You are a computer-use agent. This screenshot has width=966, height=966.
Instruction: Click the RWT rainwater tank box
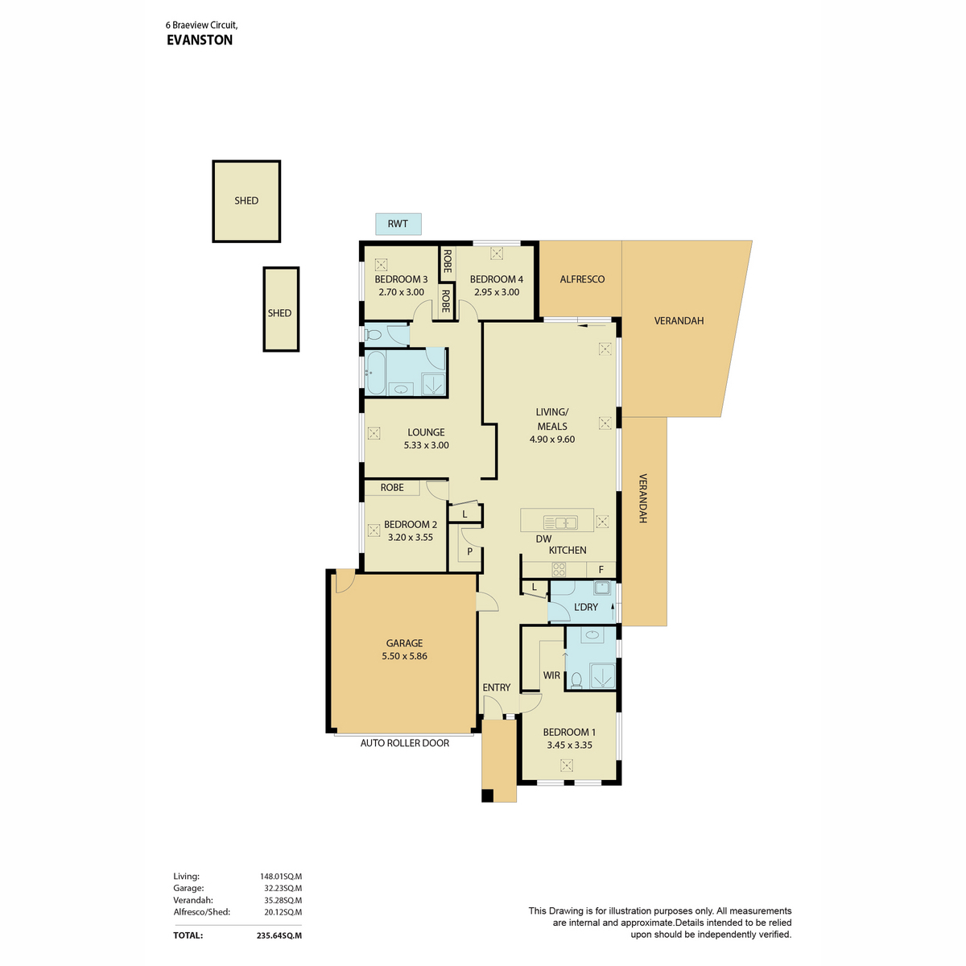(398, 224)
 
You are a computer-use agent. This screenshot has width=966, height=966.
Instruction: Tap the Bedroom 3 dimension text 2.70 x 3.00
(401, 291)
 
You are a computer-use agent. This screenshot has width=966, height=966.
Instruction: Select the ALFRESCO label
(582, 279)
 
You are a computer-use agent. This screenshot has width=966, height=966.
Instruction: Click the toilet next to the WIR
(576, 679)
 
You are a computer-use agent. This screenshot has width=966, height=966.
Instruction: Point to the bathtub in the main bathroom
(374, 373)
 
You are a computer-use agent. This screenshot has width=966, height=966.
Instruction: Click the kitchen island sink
(560, 523)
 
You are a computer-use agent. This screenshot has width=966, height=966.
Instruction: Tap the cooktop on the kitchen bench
(559, 569)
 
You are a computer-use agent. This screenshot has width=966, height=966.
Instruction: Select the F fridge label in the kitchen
(601, 569)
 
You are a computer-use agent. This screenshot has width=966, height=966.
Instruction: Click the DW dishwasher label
(543, 539)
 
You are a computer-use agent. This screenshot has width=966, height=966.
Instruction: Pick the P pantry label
(469, 551)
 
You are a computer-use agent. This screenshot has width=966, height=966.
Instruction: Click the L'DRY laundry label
(585, 607)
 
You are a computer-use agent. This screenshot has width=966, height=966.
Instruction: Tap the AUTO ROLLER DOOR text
(405, 742)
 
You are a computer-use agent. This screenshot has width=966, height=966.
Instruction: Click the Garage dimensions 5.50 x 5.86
(404, 656)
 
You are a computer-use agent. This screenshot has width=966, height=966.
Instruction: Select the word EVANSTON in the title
(200, 40)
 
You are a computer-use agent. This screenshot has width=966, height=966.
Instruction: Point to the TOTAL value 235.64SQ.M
(279, 935)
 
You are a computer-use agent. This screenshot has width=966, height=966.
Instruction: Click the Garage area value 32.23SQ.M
(283, 888)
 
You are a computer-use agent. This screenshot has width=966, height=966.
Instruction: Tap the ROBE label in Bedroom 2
(392, 487)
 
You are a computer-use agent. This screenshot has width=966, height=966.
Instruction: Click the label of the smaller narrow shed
(279, 313)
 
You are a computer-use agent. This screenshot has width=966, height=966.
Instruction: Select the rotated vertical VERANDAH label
(642, 498)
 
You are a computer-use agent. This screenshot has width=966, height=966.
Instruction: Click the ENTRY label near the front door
(497, 687)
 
